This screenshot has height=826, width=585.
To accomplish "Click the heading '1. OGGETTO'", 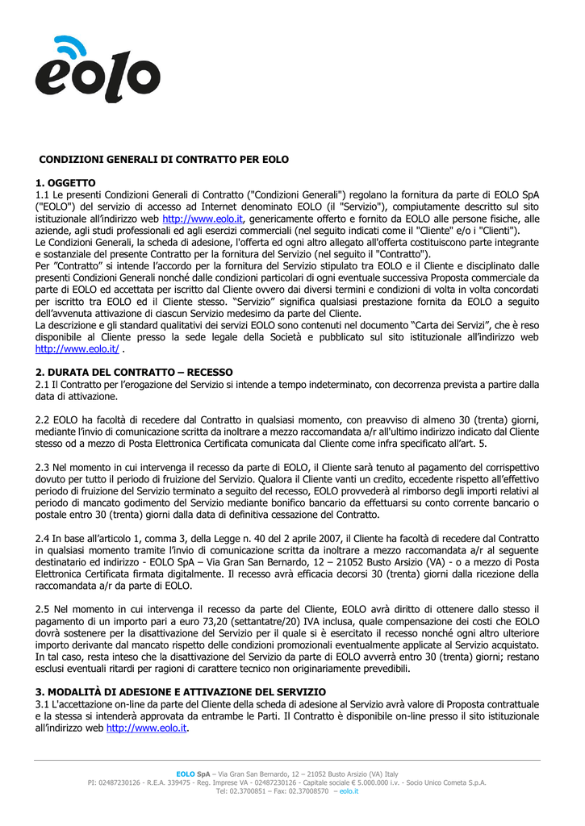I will coord(66,183).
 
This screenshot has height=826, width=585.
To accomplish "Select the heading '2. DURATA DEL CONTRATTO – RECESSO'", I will coord(134,372).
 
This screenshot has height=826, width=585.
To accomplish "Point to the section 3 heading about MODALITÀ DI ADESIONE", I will coord(181,691).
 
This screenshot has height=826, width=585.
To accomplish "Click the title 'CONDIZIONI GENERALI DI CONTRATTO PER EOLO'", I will coord(164,160).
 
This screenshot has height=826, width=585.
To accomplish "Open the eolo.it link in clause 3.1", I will coord(146,728).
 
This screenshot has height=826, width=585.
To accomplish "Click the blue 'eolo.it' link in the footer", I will coord(349,791).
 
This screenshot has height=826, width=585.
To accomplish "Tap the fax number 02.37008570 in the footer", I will coord(305,791).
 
